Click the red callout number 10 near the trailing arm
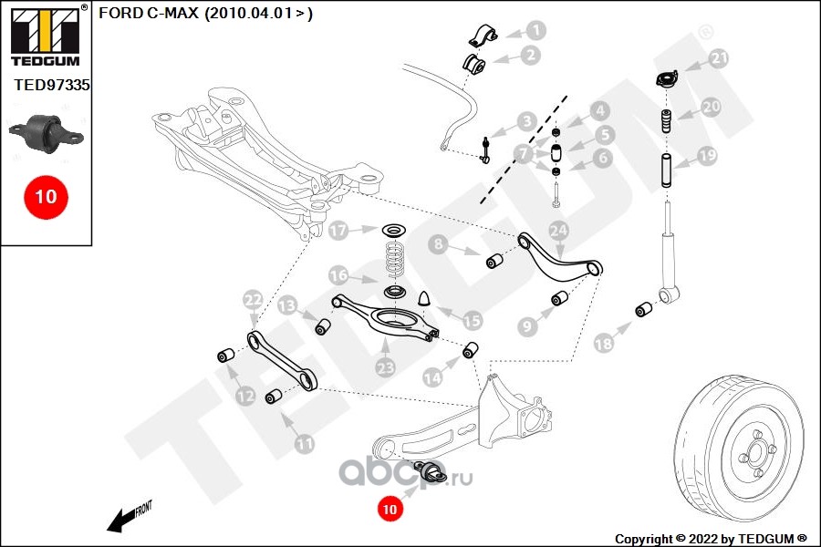390,510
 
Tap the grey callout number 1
535,31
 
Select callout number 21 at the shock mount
720,59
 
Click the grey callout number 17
338,231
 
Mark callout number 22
253,298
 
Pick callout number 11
304,444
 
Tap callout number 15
472,320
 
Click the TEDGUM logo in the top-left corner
44,36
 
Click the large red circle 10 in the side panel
46,196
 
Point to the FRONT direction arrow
128,518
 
